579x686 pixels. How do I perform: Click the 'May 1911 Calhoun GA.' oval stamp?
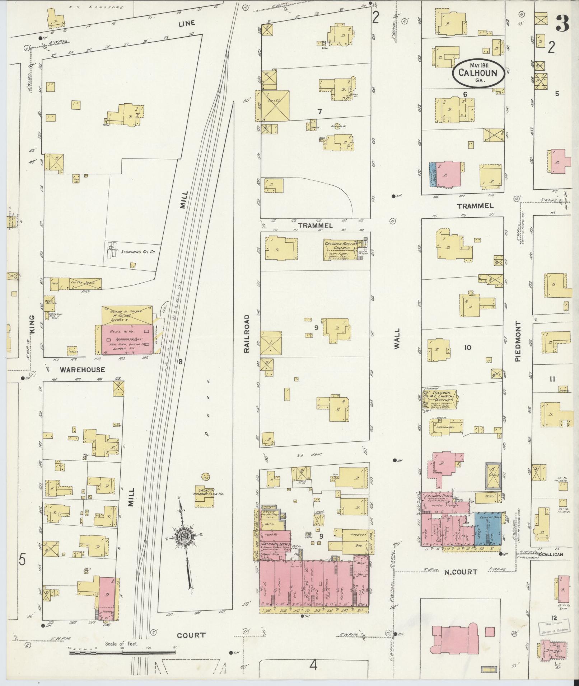[478, 73]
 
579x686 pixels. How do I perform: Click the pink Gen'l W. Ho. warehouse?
[127, 340]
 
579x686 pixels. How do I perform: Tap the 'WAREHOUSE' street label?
[82, 369]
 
